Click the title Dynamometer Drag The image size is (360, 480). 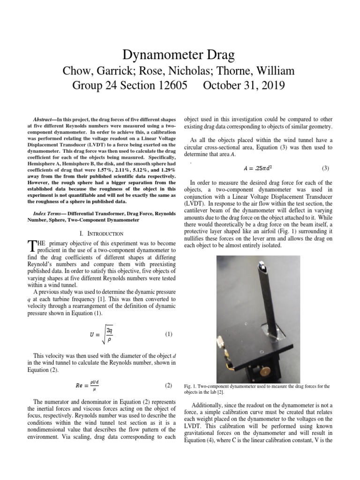(x=180, y=55)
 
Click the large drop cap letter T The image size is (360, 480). (x=31, y=246)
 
